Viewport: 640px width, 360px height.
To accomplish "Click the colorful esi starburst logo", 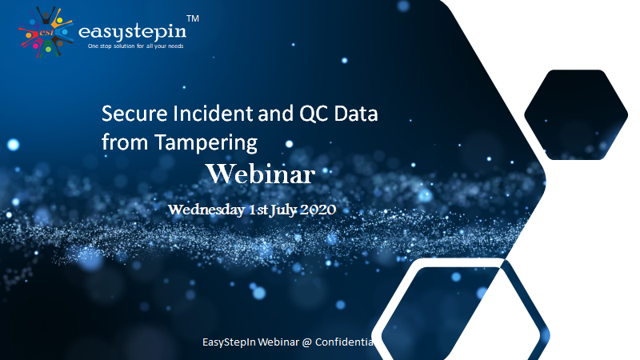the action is click(x=46, y=32).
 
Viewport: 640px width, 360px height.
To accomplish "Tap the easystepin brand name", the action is click(x=132, y=31).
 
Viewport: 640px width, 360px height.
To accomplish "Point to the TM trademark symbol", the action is click(x=193, y=18).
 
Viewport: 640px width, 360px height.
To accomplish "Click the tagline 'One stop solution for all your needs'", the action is click(x=135, y=46).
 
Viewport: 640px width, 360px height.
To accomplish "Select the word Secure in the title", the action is click(x=134, y=113).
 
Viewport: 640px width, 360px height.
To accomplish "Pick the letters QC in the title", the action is click(x=314, y=113).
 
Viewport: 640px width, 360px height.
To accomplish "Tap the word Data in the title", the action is click(x=356, y=113).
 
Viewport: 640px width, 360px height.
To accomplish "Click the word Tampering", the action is click(x=206, y=143).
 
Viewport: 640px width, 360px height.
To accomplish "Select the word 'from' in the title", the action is click(x=125, y=142).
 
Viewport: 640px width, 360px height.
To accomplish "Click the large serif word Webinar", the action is click(x=261, y=174).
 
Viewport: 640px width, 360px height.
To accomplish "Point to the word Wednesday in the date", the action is click(x=206, y=210).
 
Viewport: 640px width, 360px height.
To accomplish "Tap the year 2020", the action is click(x=318, y=210).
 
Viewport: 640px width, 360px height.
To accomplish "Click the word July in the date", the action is click(x=284, y=210).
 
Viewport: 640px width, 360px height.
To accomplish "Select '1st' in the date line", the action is click(x=258, y=210).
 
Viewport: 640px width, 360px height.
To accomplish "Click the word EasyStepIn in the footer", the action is click(x=229, y=342).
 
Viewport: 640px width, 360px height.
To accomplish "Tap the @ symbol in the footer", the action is click(x=307, y=342).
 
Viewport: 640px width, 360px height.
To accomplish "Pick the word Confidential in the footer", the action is click(x=345, y=342).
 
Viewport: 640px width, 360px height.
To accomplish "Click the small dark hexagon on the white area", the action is click(x=576, y=114).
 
